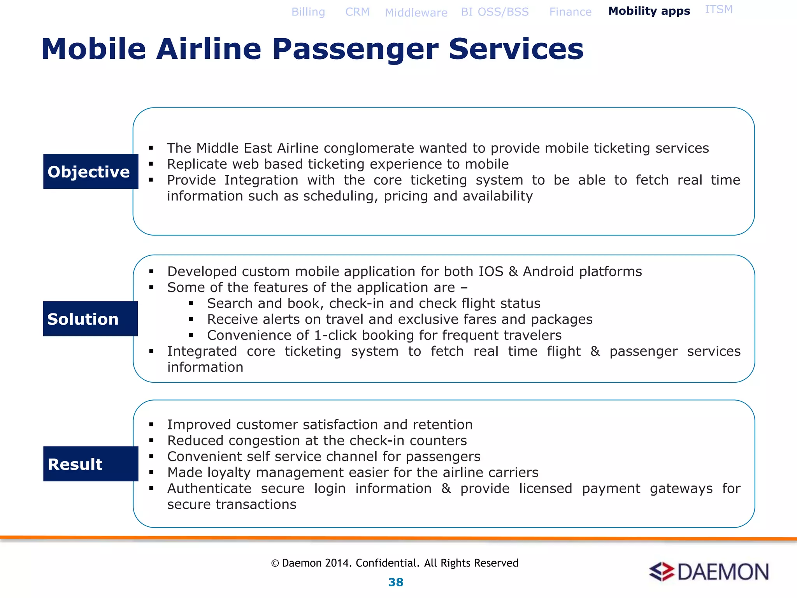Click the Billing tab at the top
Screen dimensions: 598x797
308,12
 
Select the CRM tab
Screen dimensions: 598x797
357,12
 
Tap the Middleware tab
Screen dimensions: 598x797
416,13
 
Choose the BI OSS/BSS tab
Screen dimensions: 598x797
495,12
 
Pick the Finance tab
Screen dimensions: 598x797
570,12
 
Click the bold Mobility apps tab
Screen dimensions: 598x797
649,11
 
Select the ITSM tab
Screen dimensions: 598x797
718,9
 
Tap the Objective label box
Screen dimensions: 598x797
91,171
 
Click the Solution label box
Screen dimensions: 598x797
90,319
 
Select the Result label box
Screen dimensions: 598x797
91,464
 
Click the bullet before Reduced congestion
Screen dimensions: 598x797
151,441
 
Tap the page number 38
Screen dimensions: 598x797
396,582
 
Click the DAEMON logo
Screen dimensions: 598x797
709,572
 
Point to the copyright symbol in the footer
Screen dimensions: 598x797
275,563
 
